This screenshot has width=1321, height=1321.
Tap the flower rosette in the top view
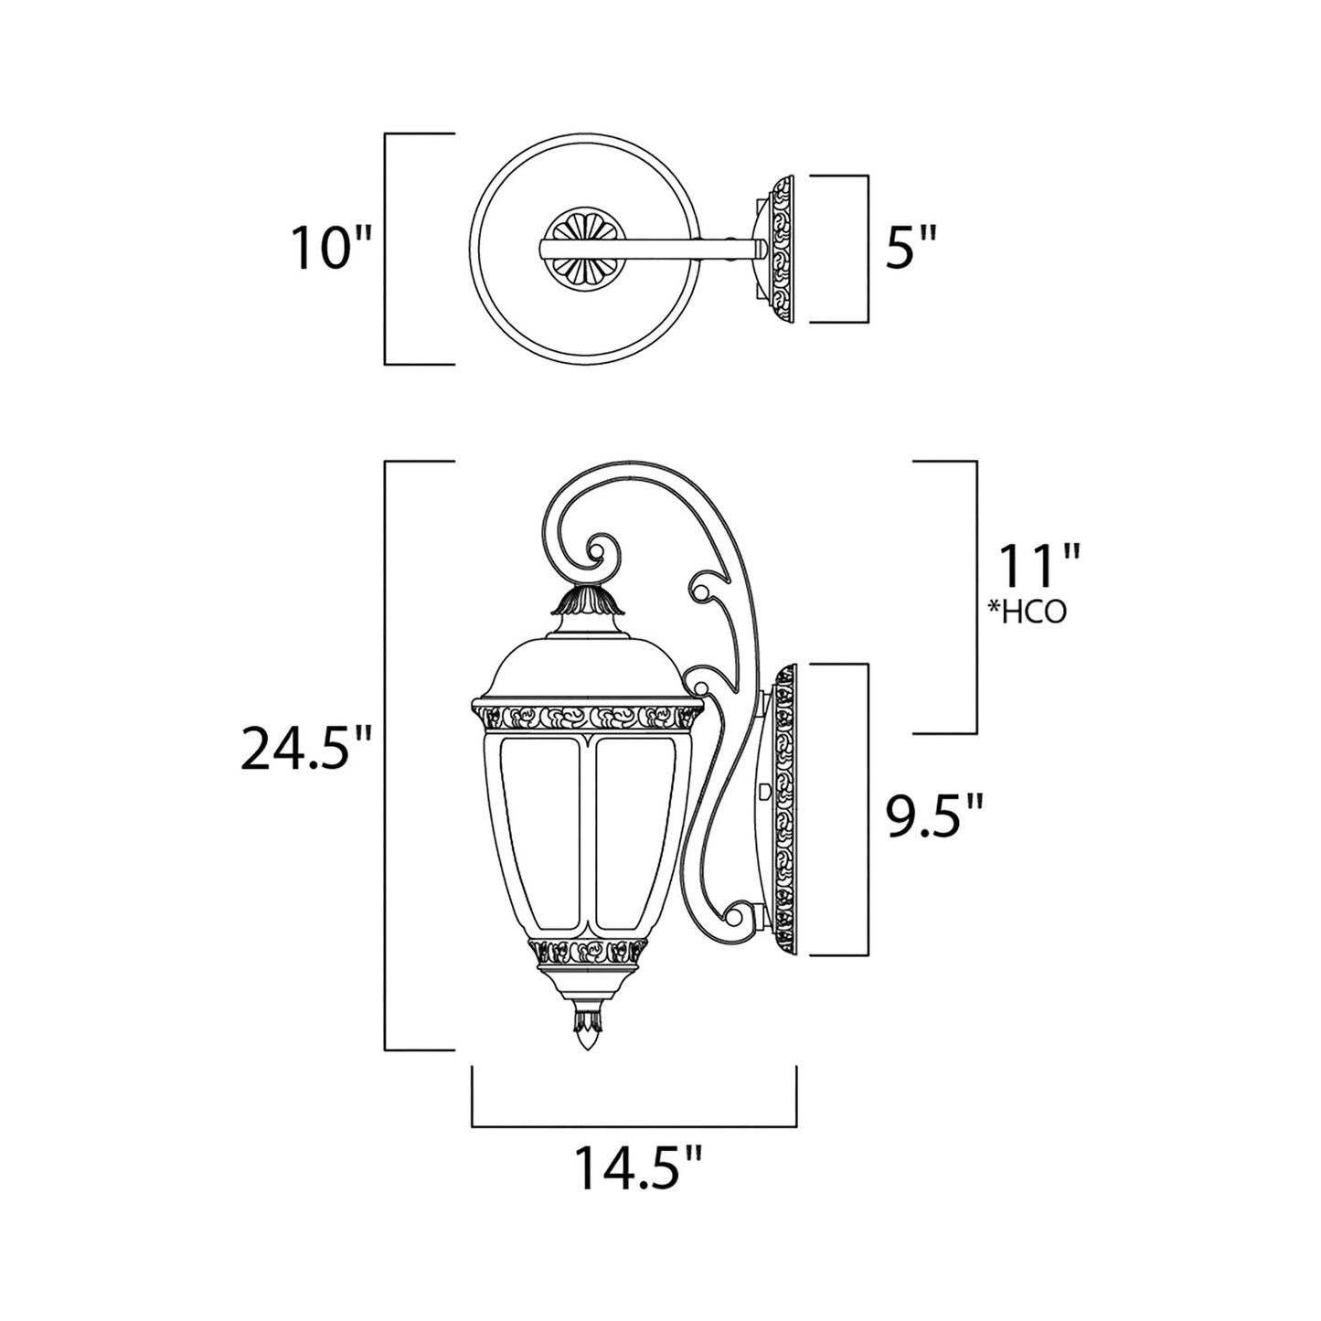(x=581, y=249)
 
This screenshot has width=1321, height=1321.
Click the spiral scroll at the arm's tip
(x=599, y=553)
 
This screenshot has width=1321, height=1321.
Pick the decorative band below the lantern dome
(x=587, y=716)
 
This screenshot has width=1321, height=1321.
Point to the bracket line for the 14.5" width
(x=634, y=1124)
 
